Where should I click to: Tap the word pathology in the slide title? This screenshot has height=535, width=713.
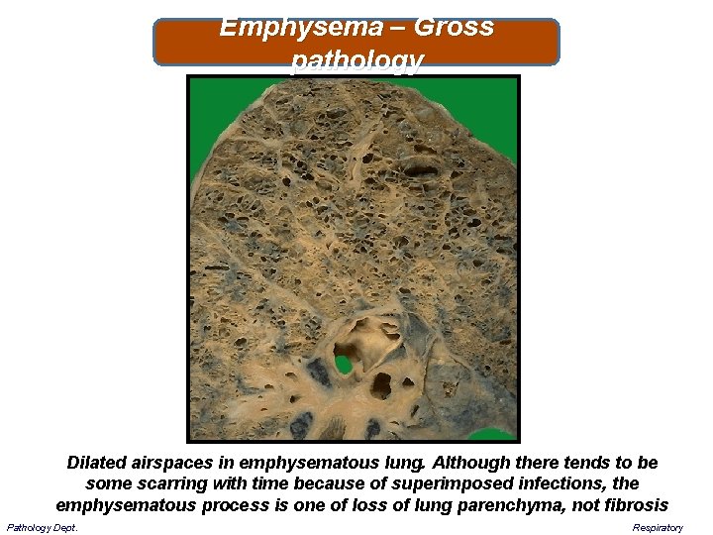[x=356, y=61]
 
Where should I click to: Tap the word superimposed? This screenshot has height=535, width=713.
[x=459, y=484]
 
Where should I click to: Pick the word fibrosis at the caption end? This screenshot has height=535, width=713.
[x=634, y=505]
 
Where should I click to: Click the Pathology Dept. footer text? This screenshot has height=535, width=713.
[x=43, y=527]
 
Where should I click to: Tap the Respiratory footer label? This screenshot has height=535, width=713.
[x=659, y=527]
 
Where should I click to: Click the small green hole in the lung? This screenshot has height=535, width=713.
[x=344, y=364]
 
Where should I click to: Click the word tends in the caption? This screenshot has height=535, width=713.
[x=586, y=464]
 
